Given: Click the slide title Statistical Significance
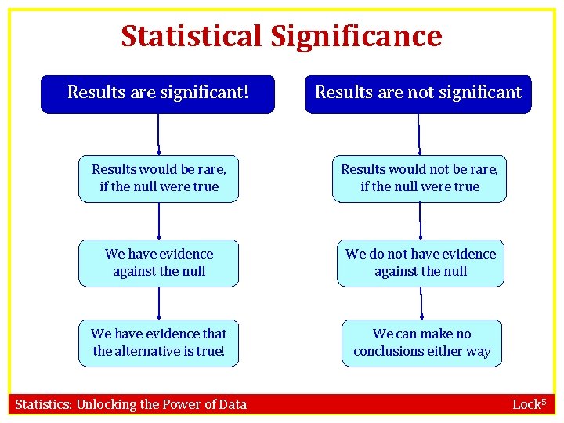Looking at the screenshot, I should (x=281, y=36).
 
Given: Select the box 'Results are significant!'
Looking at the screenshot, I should (x=158, y=93).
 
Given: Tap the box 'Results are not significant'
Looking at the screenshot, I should (x=418, y=93).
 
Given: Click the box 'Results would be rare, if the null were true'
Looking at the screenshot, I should (x=159, y=179).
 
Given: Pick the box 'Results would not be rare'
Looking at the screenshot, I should (x=419, y=179).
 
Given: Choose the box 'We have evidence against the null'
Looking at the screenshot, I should (x=159, y=263).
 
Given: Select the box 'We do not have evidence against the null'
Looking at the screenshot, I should (x=421, y=263).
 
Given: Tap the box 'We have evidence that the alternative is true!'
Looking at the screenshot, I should (x=159, y=343).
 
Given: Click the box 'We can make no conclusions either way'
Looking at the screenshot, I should (x=421, y=343).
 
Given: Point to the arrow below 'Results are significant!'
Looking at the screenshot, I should (x=159, y=134).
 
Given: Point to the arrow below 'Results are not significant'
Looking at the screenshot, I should (x=419, y=134).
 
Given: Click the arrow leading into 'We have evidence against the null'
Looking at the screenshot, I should (x=159, y=222).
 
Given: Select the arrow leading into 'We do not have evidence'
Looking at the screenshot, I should (x=421, y=222).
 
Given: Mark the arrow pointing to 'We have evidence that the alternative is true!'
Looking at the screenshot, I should (x=159, y=303).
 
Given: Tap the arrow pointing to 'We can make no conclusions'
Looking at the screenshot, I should (x=421, y=303).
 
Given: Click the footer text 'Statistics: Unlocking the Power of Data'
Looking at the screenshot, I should (x=131, y=405).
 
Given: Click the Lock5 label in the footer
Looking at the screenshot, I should (x=529, y=404).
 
